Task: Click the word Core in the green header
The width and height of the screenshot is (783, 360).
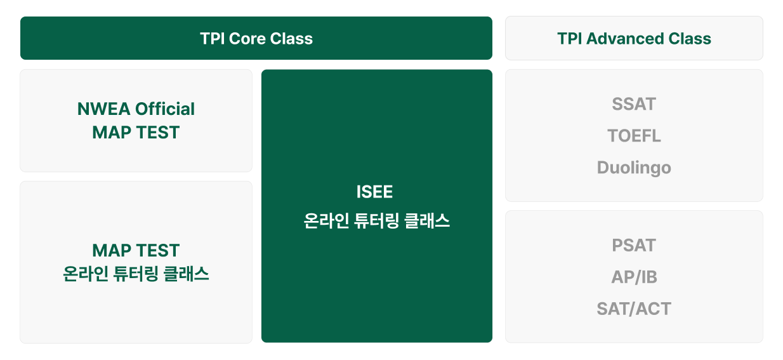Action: click(247, 39)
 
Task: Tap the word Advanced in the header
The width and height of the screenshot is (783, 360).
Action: click(624, 39)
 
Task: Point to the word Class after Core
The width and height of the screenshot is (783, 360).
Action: click(291, 39)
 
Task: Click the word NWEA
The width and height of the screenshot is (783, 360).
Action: click(103, 109)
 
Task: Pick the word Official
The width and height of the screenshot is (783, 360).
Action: click(165, 109)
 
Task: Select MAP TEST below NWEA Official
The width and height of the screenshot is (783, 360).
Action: click(136, 132)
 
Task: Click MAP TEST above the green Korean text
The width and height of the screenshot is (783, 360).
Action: click(136, 251)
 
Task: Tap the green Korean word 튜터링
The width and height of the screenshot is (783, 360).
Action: click(136, 274)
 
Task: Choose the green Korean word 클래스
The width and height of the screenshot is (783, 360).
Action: click(187, 274)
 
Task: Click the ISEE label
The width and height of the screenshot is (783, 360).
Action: click(375, 192)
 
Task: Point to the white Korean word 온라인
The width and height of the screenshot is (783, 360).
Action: click(326, 221)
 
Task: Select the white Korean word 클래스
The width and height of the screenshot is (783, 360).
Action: click(427, 221)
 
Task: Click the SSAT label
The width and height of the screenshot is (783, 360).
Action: click(634, 104)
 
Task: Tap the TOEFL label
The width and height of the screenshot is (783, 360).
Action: click(634, 136)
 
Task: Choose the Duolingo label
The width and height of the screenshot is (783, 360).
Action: click(634, 168)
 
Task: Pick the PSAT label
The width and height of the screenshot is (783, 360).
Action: click(634, 245)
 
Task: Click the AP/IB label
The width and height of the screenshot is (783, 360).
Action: click(634, 277)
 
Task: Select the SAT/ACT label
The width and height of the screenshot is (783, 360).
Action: click(634, 309)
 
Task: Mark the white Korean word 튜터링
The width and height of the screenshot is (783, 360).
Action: click(376, 221)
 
